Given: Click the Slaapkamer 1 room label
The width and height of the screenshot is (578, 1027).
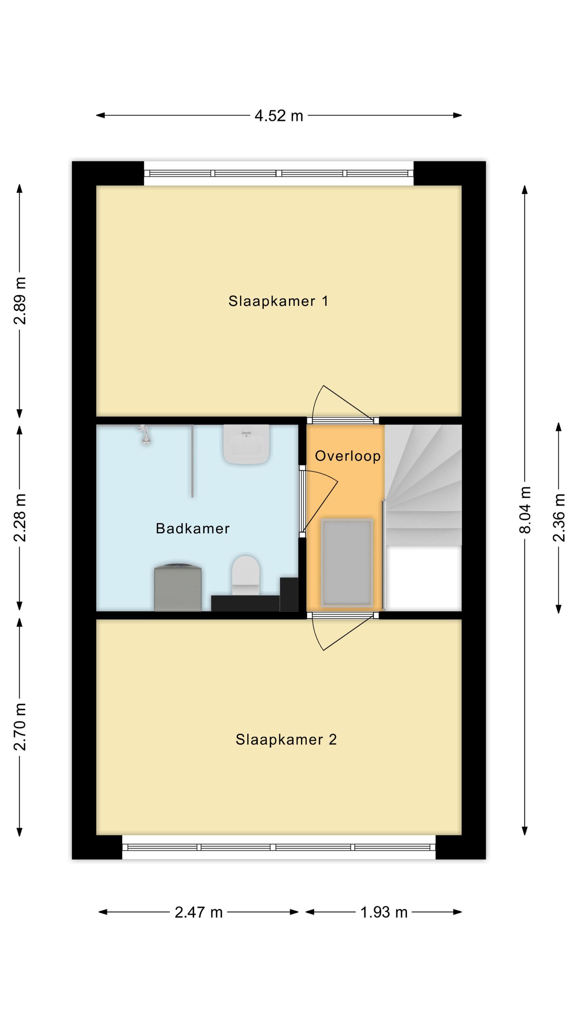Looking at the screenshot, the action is click(x=278, y=301).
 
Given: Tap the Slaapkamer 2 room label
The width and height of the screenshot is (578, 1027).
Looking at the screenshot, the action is click(x=286, y=739).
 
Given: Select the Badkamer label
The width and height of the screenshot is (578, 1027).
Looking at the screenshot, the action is click(x=193, y=528).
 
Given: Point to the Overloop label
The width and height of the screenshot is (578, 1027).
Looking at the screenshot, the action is click(x=348, y=456).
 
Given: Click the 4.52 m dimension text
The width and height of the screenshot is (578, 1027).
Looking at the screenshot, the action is click(x=279, y=116).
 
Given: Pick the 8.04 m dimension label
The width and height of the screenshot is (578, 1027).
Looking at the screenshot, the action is click(x=525, y=509).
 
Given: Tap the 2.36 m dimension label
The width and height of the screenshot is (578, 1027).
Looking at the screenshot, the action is click(x=559, y=518).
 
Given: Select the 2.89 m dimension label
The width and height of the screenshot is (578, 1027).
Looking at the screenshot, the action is click(x=20, y=300).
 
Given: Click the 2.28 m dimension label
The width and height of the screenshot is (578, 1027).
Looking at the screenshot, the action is click(x=20, y=518).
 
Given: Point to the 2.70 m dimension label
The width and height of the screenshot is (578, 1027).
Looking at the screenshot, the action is click(x=20, y=727).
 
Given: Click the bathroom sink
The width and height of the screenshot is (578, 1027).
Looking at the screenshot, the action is click(x=246, y=444).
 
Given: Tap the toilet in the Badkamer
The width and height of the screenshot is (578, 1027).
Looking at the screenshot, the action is click(x=246, y=575).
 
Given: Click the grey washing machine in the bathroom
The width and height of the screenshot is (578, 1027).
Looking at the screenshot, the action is click(x=178, y=587).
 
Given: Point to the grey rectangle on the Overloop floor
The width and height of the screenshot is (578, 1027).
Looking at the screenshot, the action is click(x=347, y=562).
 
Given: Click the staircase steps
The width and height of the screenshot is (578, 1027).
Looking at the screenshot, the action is click(x=423, y=485).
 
